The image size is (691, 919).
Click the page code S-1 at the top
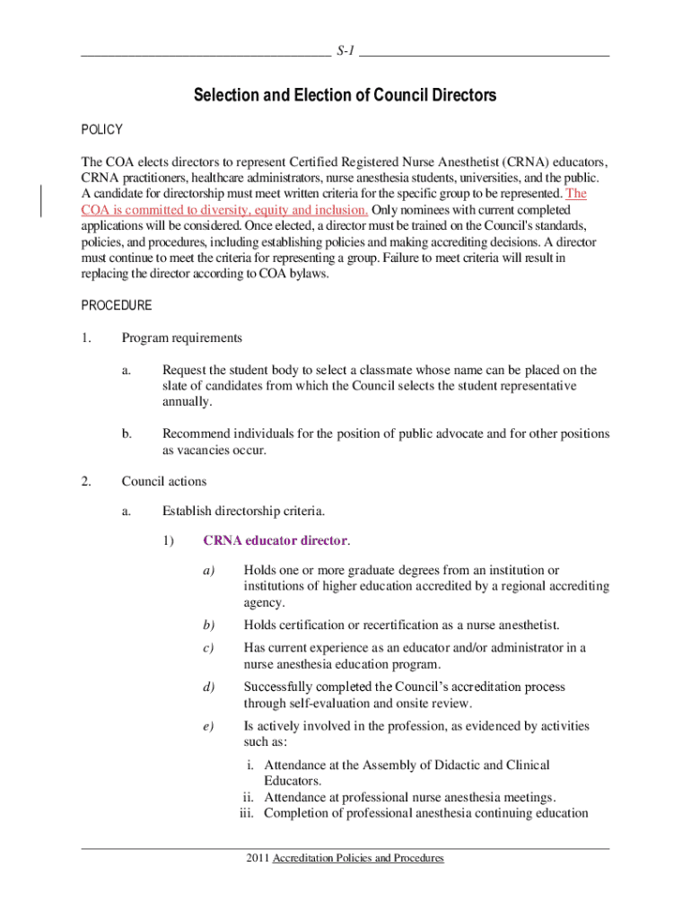(345, 51)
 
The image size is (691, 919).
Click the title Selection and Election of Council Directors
(345, 95)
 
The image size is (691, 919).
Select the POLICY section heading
(101, 130)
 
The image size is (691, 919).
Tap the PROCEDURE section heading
(117, 305)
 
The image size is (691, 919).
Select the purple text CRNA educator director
(276, 540)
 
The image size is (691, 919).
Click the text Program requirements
(182, 338)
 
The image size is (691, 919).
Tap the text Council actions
(164, 482)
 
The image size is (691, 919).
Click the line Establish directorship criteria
(243, 512)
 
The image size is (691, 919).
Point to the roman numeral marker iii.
(247, 814)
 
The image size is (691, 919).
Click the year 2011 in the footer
(258, 859)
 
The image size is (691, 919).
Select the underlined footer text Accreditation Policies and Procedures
(359, 859)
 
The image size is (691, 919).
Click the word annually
(188, 402)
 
